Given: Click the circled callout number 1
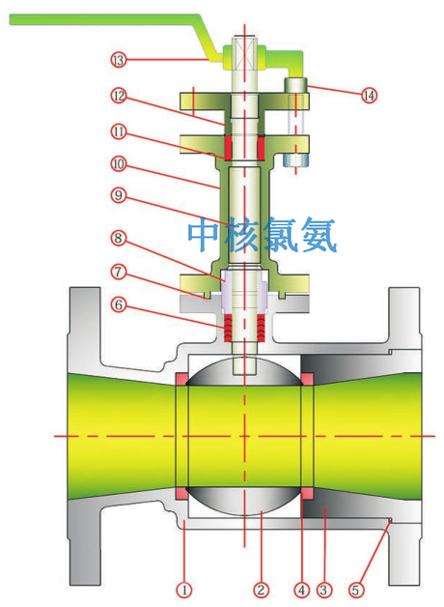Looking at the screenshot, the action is pos(184,591).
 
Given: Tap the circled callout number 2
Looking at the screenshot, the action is pos(262,591).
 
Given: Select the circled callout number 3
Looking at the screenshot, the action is pos(323,591).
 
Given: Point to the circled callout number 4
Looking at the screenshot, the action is pos(302,591).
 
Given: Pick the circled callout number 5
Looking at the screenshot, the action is pos(356,591).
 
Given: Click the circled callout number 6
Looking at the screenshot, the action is pos(119,305).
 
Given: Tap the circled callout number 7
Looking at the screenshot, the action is pos(119,272).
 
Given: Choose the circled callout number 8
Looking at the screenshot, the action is pos(119,238).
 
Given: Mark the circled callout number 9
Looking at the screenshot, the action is pos(119,195).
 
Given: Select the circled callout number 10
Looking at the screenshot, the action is pos(119,164).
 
